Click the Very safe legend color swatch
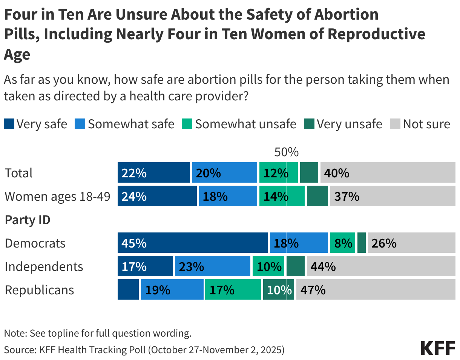pos(9,124)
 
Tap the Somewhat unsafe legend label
pos(245,124)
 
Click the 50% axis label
pos(286,152)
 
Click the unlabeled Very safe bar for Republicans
pos(128,290)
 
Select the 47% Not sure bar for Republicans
pos(376,290)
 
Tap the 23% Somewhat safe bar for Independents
pos(212,266)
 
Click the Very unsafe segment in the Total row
pos(309,173)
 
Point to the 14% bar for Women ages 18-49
pos(282,196)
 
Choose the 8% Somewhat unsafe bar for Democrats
pos(342,243)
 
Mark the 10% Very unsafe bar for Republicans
pos(279,290)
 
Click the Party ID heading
pos(27,220)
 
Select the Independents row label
pos(44,266)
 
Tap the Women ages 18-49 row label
pos(57,196)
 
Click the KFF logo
pos(437,348)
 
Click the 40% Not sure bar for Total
pos(388,173)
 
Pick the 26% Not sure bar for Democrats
pos(411,243)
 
